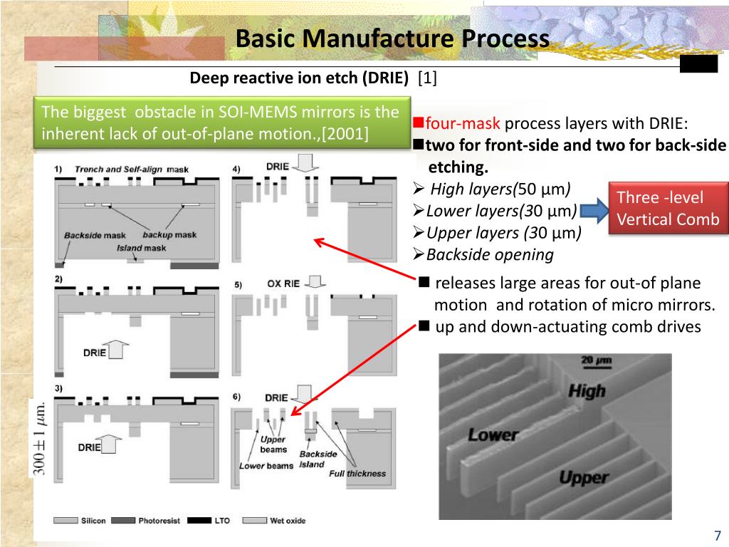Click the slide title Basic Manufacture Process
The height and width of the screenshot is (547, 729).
tap(392, 38)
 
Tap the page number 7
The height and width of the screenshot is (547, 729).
tap(718, 536)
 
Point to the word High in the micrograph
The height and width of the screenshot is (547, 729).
tap(587, 391)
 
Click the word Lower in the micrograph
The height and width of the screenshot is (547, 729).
tap(493, 434)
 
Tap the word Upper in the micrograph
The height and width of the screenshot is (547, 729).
tap(582, 477)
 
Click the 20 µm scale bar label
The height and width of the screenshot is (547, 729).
tap(597, 361)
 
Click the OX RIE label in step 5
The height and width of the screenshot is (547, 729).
tap(284, 283)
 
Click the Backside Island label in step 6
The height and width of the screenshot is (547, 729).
tap(318, 459)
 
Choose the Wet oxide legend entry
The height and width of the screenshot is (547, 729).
tap(287, 521)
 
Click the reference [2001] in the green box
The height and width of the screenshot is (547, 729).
tap(345, 133)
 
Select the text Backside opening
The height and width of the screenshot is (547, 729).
tap(490, 254)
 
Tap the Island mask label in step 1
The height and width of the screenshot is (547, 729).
tap(141, 248)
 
